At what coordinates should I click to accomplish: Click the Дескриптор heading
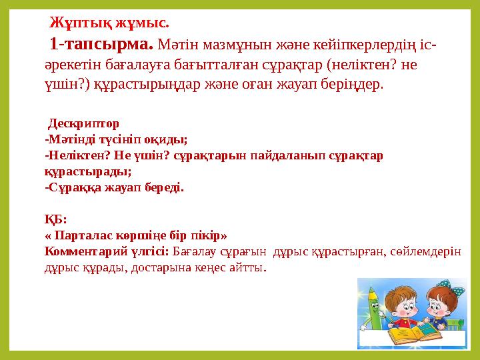(83, 123)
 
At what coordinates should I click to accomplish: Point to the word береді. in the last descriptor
(164, 187)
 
